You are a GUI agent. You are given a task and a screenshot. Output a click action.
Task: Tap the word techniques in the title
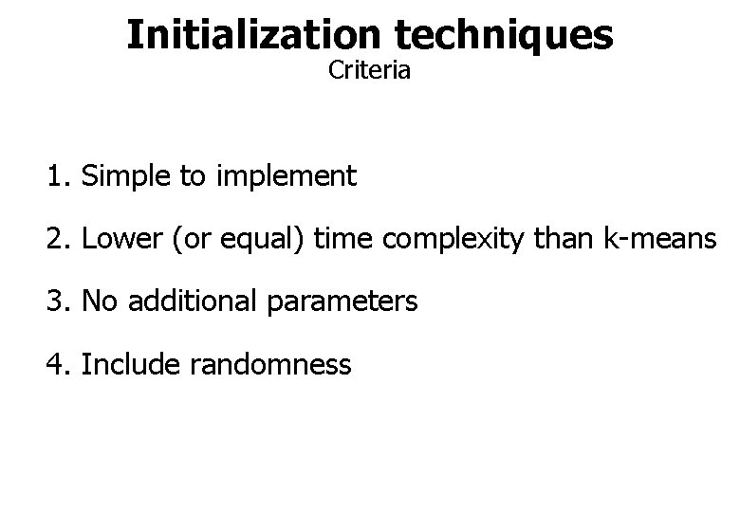point(502,34)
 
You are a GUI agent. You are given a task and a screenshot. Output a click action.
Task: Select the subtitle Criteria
point(369,71)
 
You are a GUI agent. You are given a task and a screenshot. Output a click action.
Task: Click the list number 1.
point(59,176)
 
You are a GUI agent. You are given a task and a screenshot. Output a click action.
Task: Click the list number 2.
point(59,240)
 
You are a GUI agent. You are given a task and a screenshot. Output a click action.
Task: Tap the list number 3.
point(59,302)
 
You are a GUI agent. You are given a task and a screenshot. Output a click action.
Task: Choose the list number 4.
point(59,365)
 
